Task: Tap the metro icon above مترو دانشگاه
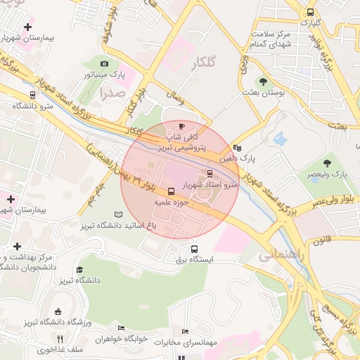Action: tap(32, 95)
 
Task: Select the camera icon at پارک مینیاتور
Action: tap(105, 64)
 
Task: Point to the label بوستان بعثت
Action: tap(262, 92)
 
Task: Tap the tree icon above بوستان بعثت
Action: tap(263, 81)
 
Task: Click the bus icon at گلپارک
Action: tap(311, 12)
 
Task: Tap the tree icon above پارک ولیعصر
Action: tap(328, 162)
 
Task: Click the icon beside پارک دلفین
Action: tap(237, 148)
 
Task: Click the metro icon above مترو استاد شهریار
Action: tap(210, 173)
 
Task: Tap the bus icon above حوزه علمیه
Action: tap(171, 191)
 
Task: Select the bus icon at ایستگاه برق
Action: tap(195, 248)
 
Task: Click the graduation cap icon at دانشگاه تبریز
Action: tap(79, 270)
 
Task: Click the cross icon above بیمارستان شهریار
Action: tap(27, 27)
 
